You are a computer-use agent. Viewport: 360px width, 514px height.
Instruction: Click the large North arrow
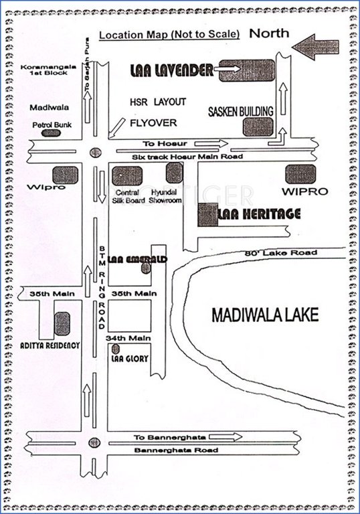pyautogui.click(x=317, y=48)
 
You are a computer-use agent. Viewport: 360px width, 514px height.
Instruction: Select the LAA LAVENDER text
pyautogui.click(x=171, y=70)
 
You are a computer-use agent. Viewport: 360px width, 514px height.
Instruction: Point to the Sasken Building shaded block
pyautogui.click(x=258, y=126)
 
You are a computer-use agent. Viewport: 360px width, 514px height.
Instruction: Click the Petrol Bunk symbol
pyautogui.click(x=48, y=133)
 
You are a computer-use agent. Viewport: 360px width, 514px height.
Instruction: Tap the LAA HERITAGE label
pyautogui.click(x=258, y=214)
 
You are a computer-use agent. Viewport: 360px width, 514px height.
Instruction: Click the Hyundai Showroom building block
pyautogui.click(x=174, y=173)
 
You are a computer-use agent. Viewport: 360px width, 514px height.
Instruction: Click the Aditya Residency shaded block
pyautogui.click(x=62, y=324)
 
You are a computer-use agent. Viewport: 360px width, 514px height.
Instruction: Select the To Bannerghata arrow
pyautogui.click(x=229, y=437)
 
